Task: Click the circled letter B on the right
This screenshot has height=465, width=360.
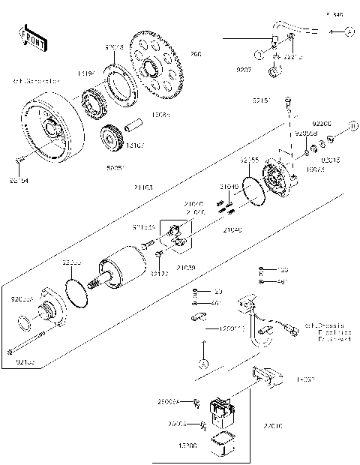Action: pos(352,124)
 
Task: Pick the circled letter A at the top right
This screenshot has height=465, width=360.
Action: pos(349,32)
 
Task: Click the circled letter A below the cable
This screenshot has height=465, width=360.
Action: pos(203,363)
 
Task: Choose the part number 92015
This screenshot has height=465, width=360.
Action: pos(329,160)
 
